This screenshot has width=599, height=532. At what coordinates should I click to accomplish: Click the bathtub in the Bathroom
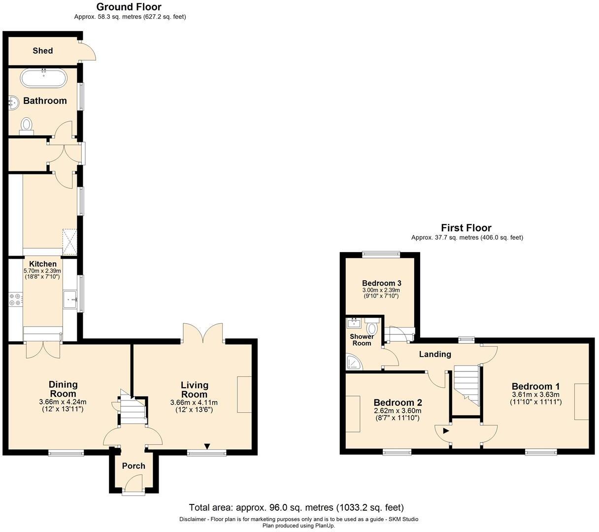pyautogui.click(x=43, y=78)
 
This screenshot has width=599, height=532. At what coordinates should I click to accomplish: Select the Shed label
pyautogui.click(x=43, y=51)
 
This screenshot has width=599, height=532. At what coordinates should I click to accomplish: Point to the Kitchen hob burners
pyautogui.click(x=15, y=299)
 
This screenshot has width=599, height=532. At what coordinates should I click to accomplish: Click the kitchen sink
pyautogui.click(x=70, y=299)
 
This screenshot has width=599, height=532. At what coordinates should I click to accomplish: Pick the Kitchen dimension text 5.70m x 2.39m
pyautogui.click(x=42, y=271)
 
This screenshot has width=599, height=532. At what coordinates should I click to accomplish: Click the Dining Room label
pyautogui.click(x=63, y=389)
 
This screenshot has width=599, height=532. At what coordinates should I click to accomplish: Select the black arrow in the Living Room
pyautogui.click(x=207, y=447)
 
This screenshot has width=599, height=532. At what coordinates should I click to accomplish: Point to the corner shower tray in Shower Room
pyautogui.click(x=354, y=362)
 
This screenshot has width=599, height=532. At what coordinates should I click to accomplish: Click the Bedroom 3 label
pyautogui.click(x=381, y=283)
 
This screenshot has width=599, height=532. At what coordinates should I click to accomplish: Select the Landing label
pyautogui.click(x=435, y=354)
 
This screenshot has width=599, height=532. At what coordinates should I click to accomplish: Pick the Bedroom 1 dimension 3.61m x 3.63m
pyautogui.click(x=535, y=395)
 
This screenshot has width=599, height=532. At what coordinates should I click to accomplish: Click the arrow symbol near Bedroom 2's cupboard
pyautogui.click(x=446, y=431)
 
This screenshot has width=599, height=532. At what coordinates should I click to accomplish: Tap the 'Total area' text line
pyautogui.click(x=296, y=507)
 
